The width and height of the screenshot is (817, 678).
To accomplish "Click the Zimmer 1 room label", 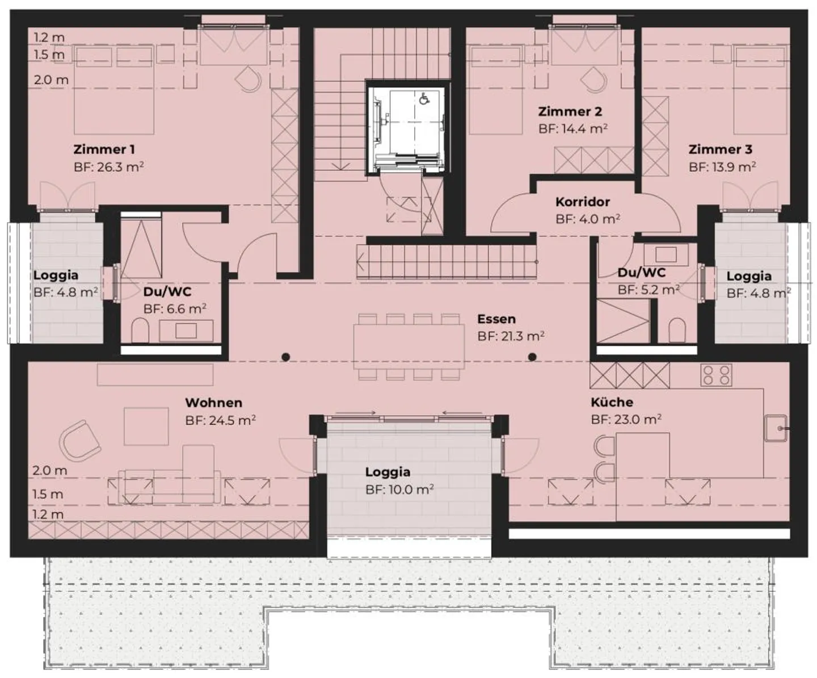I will (104, 149).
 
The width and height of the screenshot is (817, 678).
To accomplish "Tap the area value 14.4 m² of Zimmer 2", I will (573, 129).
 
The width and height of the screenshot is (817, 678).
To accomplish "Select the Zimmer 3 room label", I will (720, 149).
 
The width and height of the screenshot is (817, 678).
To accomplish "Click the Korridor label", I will (583, 202).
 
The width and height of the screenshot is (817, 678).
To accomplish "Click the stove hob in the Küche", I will (716, 375).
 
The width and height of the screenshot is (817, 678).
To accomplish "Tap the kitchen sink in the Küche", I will (776, 428).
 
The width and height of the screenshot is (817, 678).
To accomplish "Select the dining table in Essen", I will (408, 346).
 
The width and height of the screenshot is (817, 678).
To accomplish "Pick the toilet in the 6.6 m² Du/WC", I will (140, 330).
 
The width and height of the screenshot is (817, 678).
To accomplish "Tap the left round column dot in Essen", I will (287, 357).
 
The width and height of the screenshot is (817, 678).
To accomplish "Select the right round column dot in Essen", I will (532, 357).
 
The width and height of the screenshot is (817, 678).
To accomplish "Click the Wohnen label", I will (213, 403).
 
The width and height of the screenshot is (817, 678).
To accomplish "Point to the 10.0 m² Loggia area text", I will (399, 489).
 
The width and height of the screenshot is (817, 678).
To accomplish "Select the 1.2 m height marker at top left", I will (49, 37).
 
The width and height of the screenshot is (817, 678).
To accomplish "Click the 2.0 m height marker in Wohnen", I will (49, 470).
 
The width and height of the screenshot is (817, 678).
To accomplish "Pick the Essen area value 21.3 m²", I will (511, 336).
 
